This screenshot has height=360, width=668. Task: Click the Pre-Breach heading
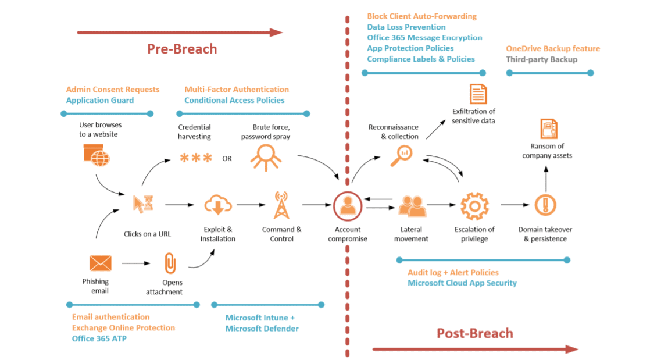[181, 49]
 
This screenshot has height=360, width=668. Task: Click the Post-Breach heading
[475, 333]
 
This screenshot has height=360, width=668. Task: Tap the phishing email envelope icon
[100, 263]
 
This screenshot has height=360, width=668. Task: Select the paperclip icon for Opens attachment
[170, 263]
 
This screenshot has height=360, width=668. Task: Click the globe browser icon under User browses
[96, 155]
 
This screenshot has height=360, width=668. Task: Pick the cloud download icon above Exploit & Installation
[218, 205]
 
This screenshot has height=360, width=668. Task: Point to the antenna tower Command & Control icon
[281, 205]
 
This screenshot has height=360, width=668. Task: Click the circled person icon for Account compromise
[348, 205]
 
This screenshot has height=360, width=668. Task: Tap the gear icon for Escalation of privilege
[474, 205]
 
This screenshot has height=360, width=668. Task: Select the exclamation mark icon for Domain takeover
[545, 205]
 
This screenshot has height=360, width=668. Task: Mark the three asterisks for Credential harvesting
[196, 158]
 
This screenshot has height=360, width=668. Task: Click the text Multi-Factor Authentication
[237, 90]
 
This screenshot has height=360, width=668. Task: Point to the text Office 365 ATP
[99, 338]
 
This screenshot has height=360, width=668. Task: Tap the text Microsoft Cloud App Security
[462, 283]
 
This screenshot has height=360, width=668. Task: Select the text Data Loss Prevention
[406, 27]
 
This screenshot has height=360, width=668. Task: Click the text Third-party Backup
[541, 59]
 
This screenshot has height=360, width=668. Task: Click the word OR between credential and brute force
[227, 158]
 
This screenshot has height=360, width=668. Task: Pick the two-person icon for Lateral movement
[412, 206]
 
